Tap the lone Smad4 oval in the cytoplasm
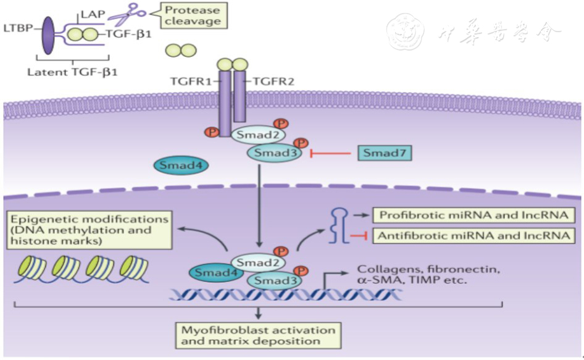click(181, 165)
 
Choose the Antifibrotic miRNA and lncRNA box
click(473, 236)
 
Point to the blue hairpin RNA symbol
click(339, 226)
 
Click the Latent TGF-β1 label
click(72, 72)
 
